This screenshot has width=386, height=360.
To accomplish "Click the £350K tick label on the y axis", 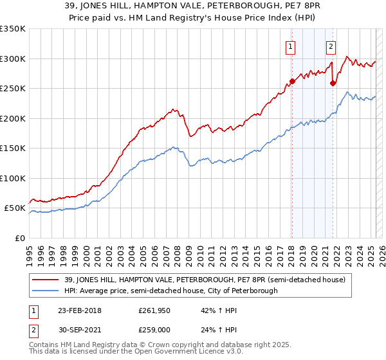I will tap(12, 29).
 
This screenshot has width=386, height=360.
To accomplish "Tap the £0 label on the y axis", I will tap(19, 238).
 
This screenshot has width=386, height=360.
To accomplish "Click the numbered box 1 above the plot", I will tap(291, 46).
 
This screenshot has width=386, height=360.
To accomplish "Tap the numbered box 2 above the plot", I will tap(331, 46).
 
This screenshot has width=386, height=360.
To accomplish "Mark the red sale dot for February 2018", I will tap(292, 81).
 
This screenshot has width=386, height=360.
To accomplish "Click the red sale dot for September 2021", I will tap(333, 83).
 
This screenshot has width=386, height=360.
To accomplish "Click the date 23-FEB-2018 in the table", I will tap(79, 310).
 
